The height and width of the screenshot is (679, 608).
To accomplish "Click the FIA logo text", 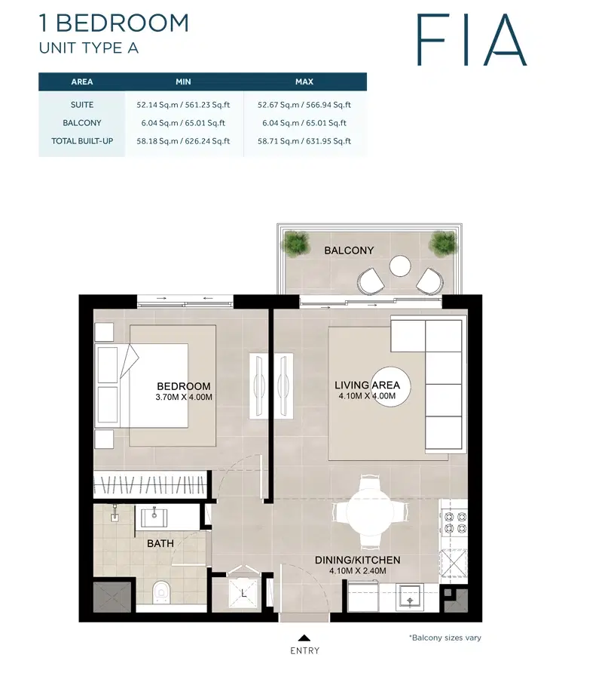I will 472,38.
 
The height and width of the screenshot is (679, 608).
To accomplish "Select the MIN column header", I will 184,81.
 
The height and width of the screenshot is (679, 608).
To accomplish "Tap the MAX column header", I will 304,81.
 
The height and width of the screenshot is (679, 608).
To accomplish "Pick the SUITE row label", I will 82,105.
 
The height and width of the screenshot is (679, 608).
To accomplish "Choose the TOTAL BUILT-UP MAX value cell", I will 304,141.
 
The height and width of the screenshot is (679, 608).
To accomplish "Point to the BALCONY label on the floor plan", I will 349,250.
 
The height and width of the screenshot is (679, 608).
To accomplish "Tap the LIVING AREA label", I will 367,386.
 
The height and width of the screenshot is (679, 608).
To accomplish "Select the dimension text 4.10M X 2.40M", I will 358,571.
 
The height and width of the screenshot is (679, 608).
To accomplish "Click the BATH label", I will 160,543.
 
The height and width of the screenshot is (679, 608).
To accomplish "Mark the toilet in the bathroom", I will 160,593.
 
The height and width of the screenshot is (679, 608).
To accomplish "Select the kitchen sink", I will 411,597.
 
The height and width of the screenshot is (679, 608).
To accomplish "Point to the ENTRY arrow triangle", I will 304,637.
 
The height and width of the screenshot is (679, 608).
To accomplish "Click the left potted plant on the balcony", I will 296,242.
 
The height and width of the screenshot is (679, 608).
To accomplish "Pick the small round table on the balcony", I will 399,266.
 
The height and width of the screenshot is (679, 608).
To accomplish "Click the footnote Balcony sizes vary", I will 445,638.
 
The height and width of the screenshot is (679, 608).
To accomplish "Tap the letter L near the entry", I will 243,595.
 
